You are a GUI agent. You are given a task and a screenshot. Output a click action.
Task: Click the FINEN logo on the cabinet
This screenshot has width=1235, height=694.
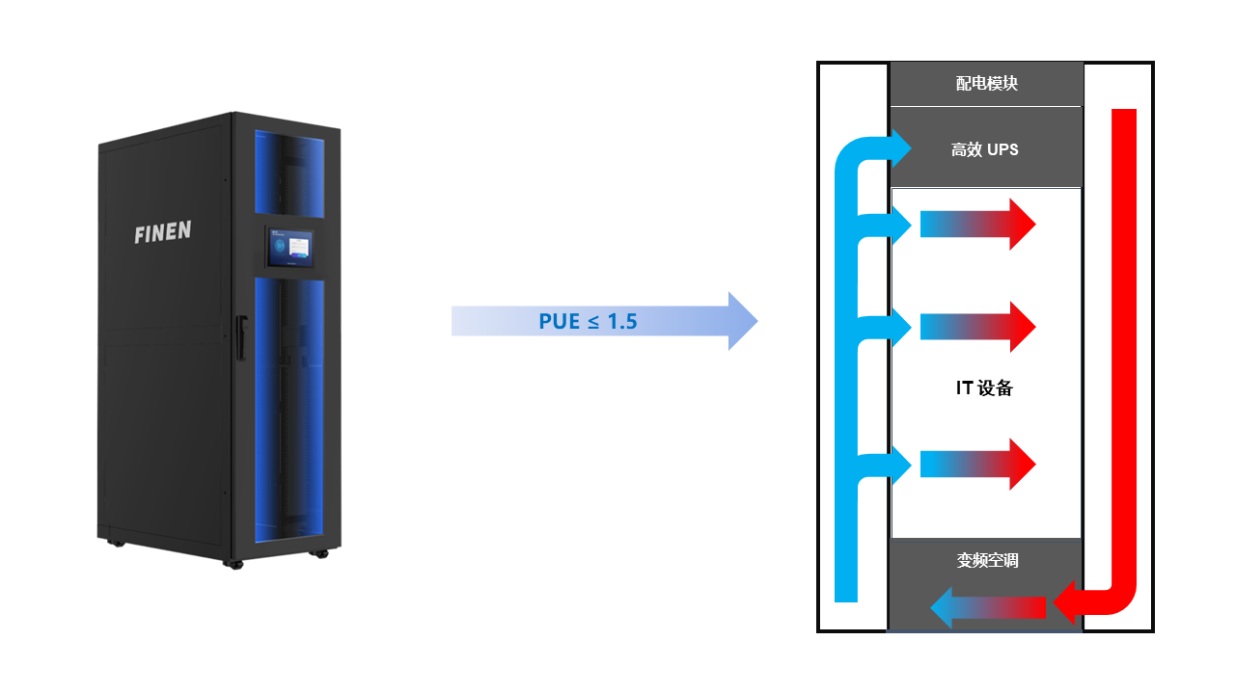pos(163,232)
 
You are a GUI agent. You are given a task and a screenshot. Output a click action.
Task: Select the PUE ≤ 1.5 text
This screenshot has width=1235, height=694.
pos(588,321)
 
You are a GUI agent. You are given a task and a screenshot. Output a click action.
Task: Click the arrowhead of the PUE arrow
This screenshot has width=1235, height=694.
pos(742,321)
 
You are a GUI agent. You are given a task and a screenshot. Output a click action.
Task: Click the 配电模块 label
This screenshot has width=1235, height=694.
pos(986,84)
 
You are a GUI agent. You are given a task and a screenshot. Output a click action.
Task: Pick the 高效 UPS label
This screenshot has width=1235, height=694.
pos(984,149)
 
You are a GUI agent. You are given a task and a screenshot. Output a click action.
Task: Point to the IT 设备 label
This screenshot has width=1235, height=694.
pos(984,388)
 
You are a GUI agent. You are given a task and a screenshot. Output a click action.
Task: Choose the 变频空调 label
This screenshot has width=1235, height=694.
pos(987,560)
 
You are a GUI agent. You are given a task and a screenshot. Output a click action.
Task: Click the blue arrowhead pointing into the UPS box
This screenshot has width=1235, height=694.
pos(900,147)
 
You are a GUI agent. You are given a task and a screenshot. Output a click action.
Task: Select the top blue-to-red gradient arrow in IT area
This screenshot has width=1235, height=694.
pos(977,225)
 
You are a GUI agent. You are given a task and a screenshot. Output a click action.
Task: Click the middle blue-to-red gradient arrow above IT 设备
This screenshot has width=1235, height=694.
pos(977,327)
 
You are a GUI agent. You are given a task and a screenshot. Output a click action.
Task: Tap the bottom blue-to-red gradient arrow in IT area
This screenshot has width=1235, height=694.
pos(977,465)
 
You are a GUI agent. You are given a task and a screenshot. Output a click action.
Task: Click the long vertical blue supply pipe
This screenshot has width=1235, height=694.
pos(845,386)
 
